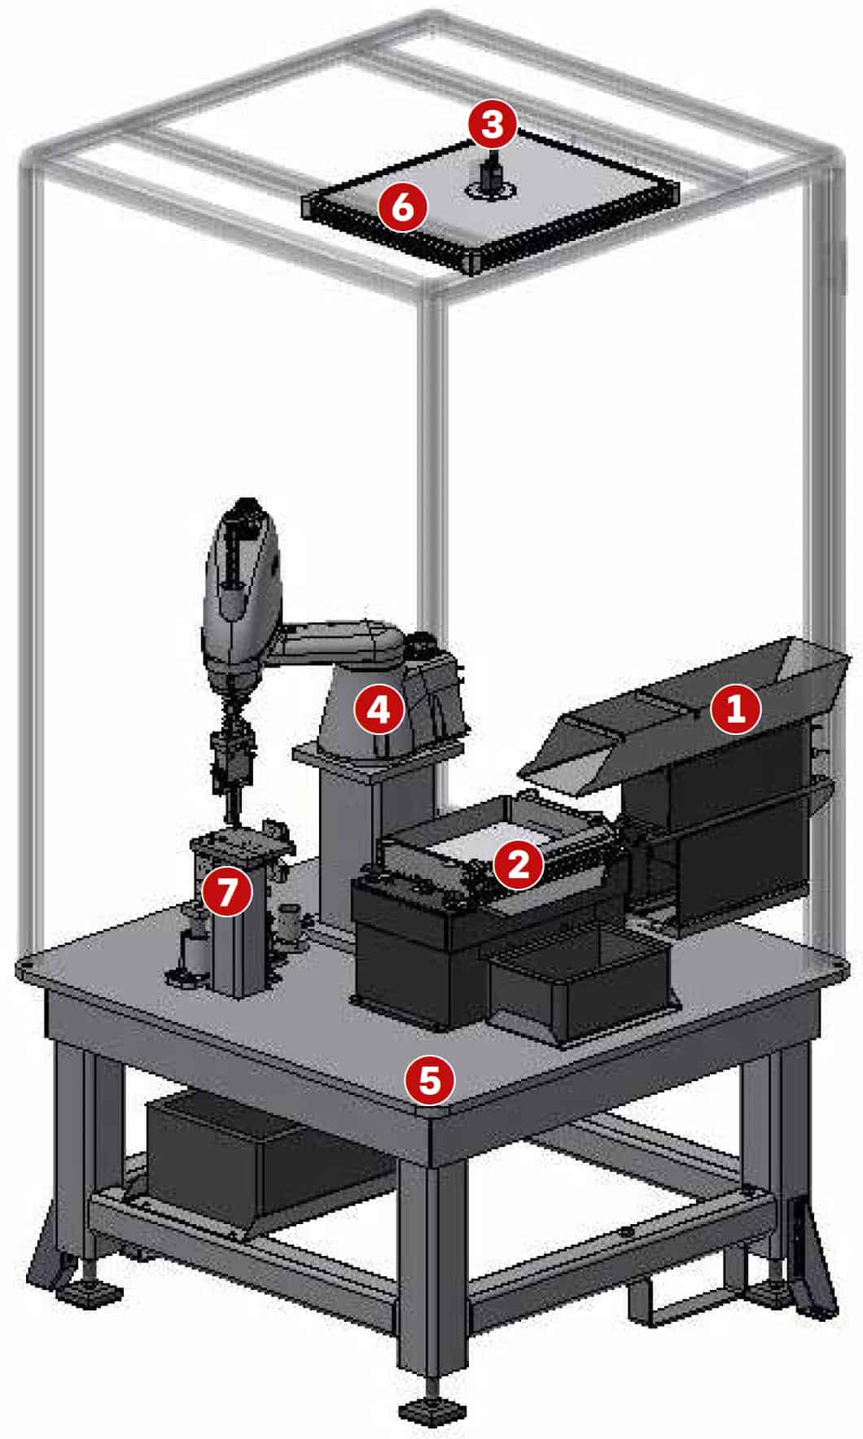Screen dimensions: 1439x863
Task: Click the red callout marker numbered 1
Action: (735, 709)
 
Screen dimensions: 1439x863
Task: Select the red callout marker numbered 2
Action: (519, 864)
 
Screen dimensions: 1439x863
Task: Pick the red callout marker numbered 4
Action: (379, 709)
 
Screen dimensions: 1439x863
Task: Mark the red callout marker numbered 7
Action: (226, 892)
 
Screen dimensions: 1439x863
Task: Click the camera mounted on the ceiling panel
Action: (490, 176)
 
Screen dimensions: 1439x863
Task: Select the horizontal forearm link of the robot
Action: (342, 643)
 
